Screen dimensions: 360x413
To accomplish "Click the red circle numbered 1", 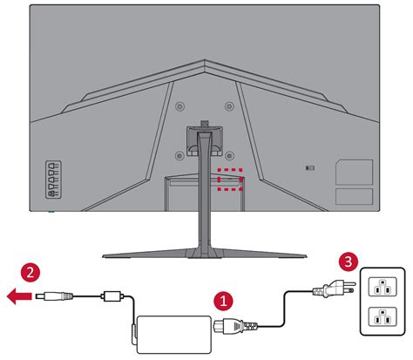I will (x=223, y=301).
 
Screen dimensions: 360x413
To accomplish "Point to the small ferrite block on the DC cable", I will (x=112, y=296).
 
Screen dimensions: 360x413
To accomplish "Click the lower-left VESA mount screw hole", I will (x=179, y=157).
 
